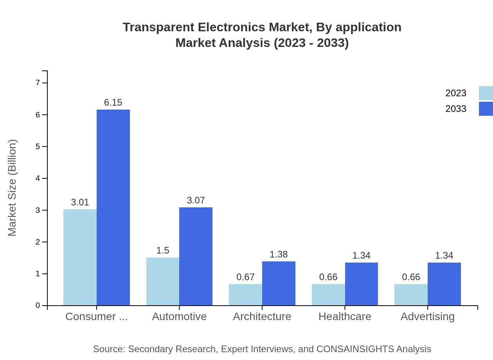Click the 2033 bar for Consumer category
(113, 207)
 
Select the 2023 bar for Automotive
(163, 281)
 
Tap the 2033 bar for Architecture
(279, 283)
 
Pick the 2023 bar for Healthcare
(328, 295)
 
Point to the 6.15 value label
(113, 103)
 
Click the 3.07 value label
(196, 200)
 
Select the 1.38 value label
(279, 254)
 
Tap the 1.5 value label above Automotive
(163, 250)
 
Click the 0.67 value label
(245, 277)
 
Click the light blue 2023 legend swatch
(486, 93)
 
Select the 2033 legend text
(456, 109)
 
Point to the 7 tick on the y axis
(38, 83)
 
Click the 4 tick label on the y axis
(38, 178)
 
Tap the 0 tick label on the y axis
(38, 306)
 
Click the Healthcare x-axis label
(345, 317)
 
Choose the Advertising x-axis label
(427, 317)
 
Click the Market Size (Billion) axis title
(13, 188)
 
